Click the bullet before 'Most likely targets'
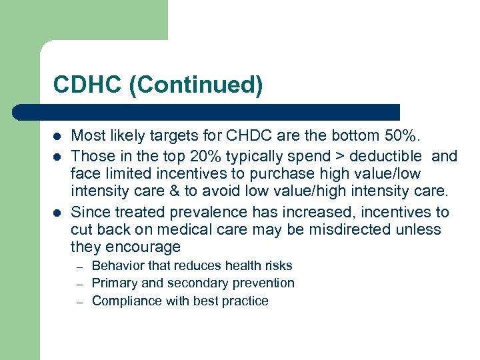[x=57, y=137]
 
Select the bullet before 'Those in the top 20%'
[x=57, y=157]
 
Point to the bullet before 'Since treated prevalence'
[x=57, y=213]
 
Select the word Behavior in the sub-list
[x=117, y=265]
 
